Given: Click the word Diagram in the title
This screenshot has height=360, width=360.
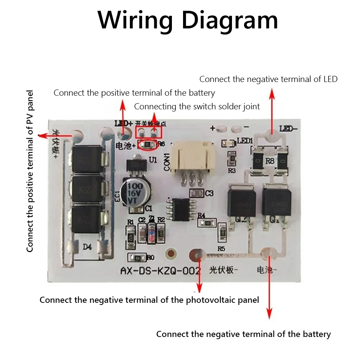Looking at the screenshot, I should [x=230, y=21].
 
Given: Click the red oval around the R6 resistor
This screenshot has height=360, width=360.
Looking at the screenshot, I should [x=148, y=145].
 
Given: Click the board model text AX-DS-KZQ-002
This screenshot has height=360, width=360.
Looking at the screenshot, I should [x=160, y=270].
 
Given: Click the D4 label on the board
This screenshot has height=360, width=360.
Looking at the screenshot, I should [x=87, y=247].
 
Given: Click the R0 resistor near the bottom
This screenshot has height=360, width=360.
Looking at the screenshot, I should [x=137, y=258].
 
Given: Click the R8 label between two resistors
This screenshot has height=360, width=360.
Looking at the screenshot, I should [x=270, y=161].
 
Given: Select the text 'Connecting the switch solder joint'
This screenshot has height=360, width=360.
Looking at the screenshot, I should [x=197, y=106].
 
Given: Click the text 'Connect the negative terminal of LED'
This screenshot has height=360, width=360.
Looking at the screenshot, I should [x=268, y=79].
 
